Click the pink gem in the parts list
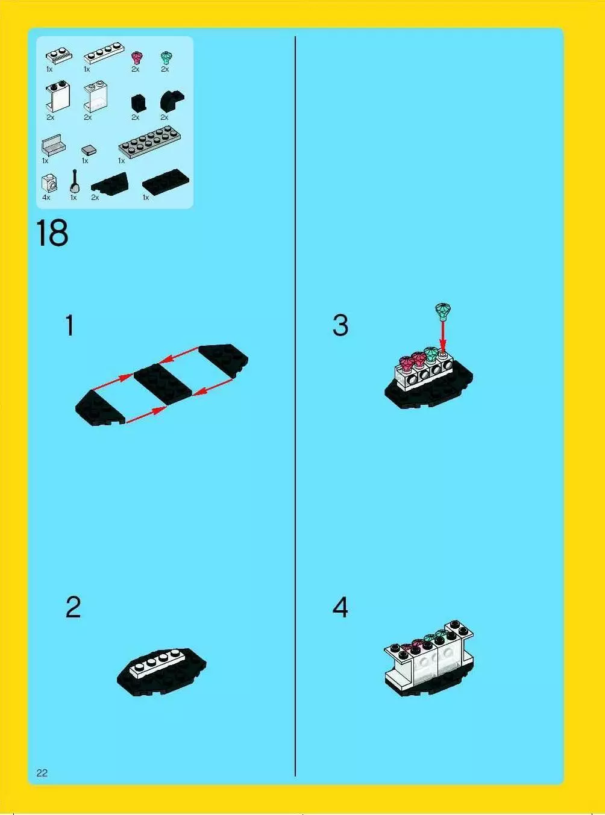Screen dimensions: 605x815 (x=137, y=58)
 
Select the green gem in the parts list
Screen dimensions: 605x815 (x=166, y=58)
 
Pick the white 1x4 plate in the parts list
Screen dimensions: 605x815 (x=104, y=54)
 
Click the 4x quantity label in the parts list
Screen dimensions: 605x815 (x=46, y=198)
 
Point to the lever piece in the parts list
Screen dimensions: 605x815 (x=75, y=181)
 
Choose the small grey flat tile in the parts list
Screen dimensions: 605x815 (x=89, y=150)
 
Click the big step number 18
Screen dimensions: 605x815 (x=52, y=233)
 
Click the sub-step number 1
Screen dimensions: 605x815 (x=69, y=325)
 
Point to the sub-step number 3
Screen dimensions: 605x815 (x=340, y=325)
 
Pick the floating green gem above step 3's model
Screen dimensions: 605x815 (x=444, y=312)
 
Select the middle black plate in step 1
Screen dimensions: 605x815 (x=163, y=384)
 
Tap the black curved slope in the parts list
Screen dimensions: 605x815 (x=172, y=101)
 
